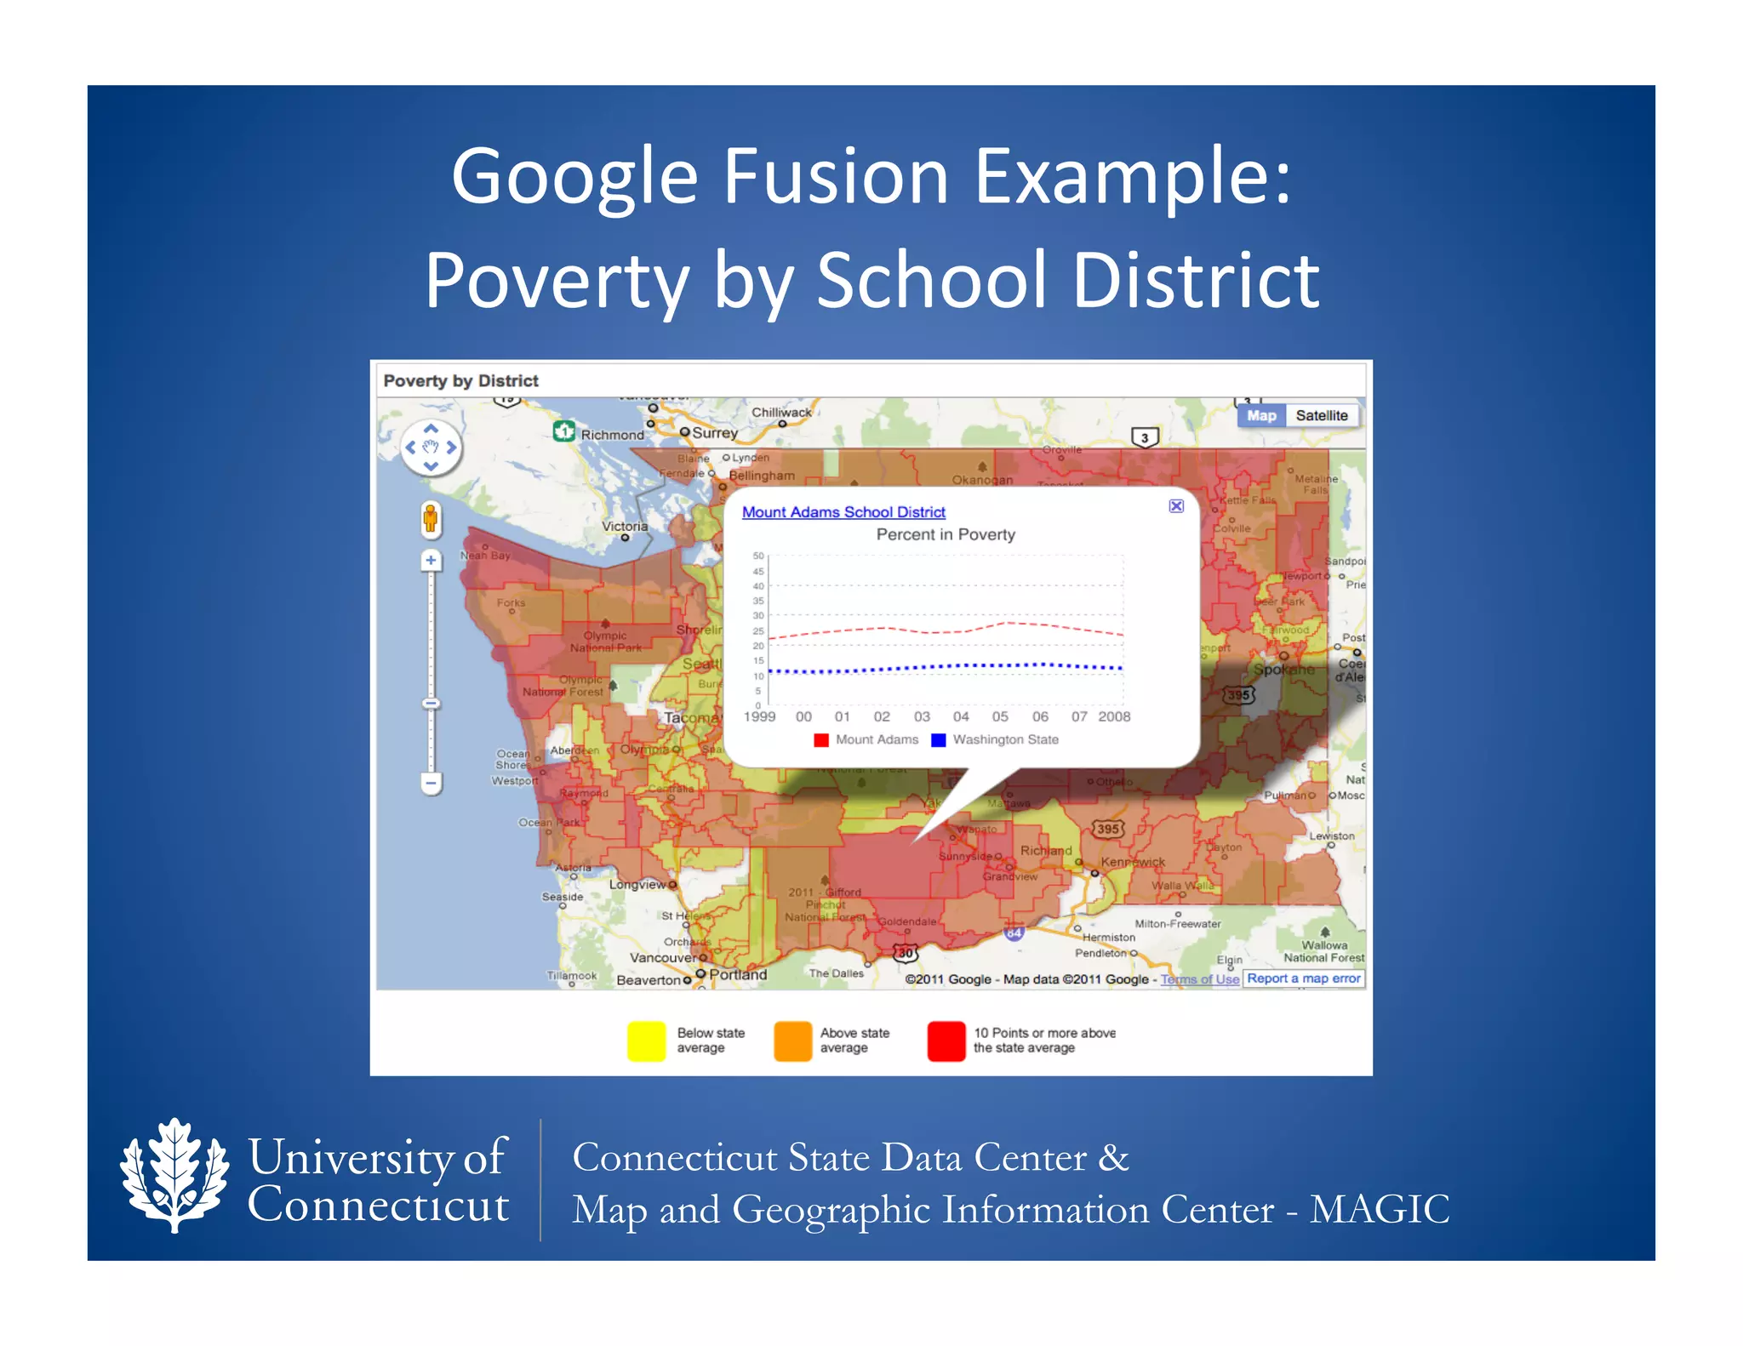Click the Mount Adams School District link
843,511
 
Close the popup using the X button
1176,505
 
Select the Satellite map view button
1321,415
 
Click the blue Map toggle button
1261,415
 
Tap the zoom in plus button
431,560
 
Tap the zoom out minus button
431,782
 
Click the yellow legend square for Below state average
646,1041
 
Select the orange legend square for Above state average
792,1041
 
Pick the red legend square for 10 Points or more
946,1041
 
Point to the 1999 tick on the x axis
759,716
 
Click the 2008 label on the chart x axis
1113,716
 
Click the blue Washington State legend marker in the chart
938,739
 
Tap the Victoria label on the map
625,526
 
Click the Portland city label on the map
738,974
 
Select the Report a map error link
1303,978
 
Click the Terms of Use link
1199,979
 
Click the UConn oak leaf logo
174,1175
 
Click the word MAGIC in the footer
1379,1208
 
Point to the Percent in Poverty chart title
946,534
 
